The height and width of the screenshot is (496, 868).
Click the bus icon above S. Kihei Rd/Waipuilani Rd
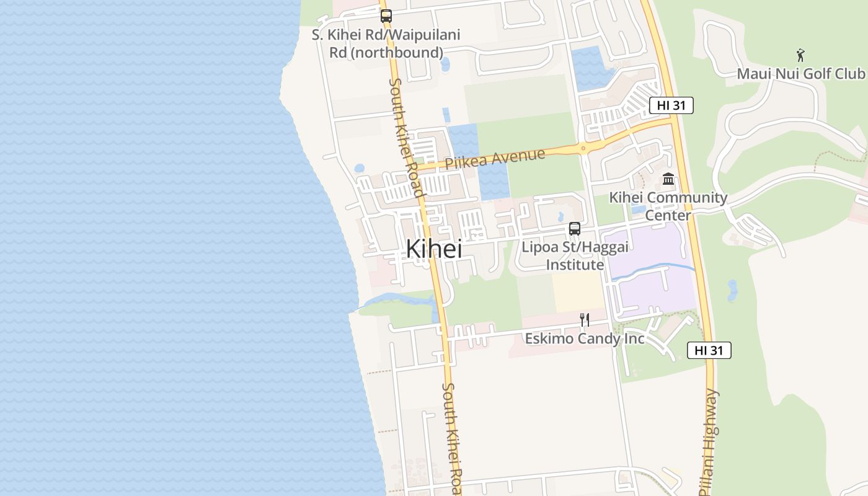coord(386,16)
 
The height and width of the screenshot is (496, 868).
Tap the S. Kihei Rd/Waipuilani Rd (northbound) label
coord(386,43)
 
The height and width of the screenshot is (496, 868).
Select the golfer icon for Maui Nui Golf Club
coord(800,55)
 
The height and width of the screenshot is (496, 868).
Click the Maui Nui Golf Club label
coord(800,74)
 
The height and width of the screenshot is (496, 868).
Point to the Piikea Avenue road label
coord(495,159)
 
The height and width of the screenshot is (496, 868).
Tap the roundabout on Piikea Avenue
coord(583,148)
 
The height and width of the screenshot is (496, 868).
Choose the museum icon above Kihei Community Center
coord(668,180)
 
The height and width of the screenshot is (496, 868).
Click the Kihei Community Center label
coord(668,206)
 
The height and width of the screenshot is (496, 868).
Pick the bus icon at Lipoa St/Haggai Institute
coord(575,228)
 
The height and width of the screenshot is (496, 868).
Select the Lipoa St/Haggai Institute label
coord(575,255)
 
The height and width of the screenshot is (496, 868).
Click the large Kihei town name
coord(434,249)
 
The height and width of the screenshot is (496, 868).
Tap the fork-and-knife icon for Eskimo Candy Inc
coord(584,320)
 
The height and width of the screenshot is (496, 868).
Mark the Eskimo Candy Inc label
coord(584,339)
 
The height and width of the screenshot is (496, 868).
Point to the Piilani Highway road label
coord(711,441)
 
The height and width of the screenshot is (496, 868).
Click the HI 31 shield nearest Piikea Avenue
coord(671,105)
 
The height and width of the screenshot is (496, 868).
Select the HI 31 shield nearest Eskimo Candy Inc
coord(709,350)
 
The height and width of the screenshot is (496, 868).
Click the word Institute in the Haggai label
coord(575,265)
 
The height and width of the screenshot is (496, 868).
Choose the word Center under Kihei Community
coord(668,215)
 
